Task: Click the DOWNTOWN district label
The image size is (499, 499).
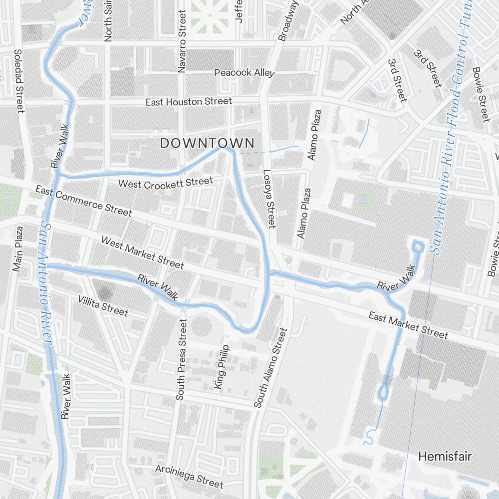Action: (207, 143)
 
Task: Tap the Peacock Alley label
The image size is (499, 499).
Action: (244, 73)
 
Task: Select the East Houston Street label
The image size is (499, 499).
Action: (189, 102)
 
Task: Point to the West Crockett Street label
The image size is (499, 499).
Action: (165, 183)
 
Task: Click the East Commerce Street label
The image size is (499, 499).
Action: (83, 201)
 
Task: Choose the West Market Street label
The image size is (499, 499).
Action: (142, 252)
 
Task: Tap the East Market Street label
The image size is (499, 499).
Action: (408, 325)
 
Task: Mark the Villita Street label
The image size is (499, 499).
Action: (103, 306)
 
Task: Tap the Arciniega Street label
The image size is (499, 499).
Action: (189, 476)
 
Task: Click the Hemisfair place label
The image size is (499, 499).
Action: (445, 456)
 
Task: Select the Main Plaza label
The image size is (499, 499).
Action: (18, 249)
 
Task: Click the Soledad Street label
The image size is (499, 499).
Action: (19, 81)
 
